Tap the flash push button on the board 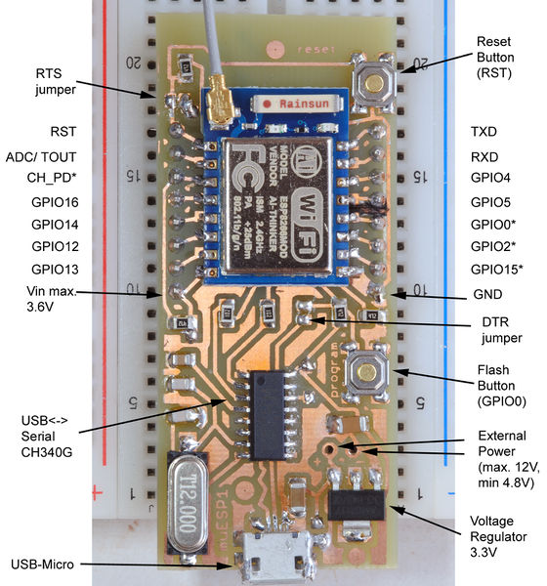click(364, 372)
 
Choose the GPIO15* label click(496, 269)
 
